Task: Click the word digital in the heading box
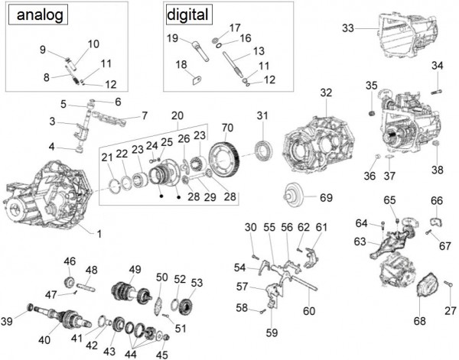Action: coord(187,15)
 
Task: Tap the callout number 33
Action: coord(348,29)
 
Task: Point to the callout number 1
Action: coord(98,231)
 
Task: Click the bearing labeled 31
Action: coord(262,144)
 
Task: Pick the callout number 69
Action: coord(326,198)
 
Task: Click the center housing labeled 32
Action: coord(316,144)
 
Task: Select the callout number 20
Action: coord(178,115)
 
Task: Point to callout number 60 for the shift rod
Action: coord(309,311)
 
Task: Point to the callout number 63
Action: coord(360,242)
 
